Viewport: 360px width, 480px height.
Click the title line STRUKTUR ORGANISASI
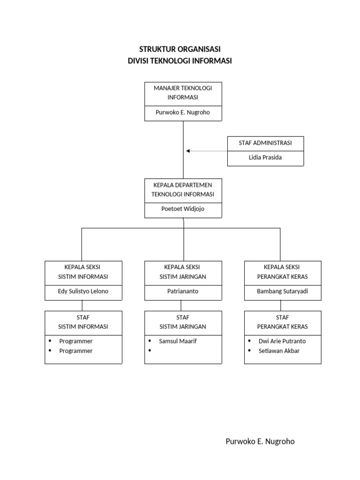(x=180, y=49)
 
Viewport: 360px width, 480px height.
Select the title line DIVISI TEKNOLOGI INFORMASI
(x=180, y=61)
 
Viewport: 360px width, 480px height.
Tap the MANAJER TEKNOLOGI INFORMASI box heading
(x=183, y=93)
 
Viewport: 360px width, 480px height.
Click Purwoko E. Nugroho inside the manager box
(x=183, y=112)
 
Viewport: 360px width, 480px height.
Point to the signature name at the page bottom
(x=260, y=442)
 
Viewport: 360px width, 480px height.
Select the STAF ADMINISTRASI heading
(x=265, y=143)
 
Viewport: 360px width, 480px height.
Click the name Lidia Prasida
(x=265, y=157)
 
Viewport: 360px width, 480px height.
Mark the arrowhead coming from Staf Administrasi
(x=188, y=151)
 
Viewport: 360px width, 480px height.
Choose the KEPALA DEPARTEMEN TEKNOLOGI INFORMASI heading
(x=183, y=189)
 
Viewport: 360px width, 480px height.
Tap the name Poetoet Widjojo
(x=183, y=209)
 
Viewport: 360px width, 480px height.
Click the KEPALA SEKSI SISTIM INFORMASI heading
(x=83, y=272)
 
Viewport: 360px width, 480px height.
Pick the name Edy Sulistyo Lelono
(x=83, y=291)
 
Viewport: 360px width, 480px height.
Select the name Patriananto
(x=183, y=291)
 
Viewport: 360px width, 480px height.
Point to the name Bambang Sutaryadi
(x=283, y=291)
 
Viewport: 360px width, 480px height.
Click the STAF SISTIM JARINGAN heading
(x=183, y=322)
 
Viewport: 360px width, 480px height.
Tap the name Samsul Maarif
(x=178, y=341)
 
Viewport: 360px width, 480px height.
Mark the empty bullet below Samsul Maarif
(x=150, y=351)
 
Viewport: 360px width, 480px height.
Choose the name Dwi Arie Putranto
(x=282, y=341)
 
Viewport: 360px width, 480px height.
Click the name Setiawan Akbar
(x=279, y=351)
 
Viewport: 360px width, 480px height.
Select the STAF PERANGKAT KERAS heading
(x=283, y=322)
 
